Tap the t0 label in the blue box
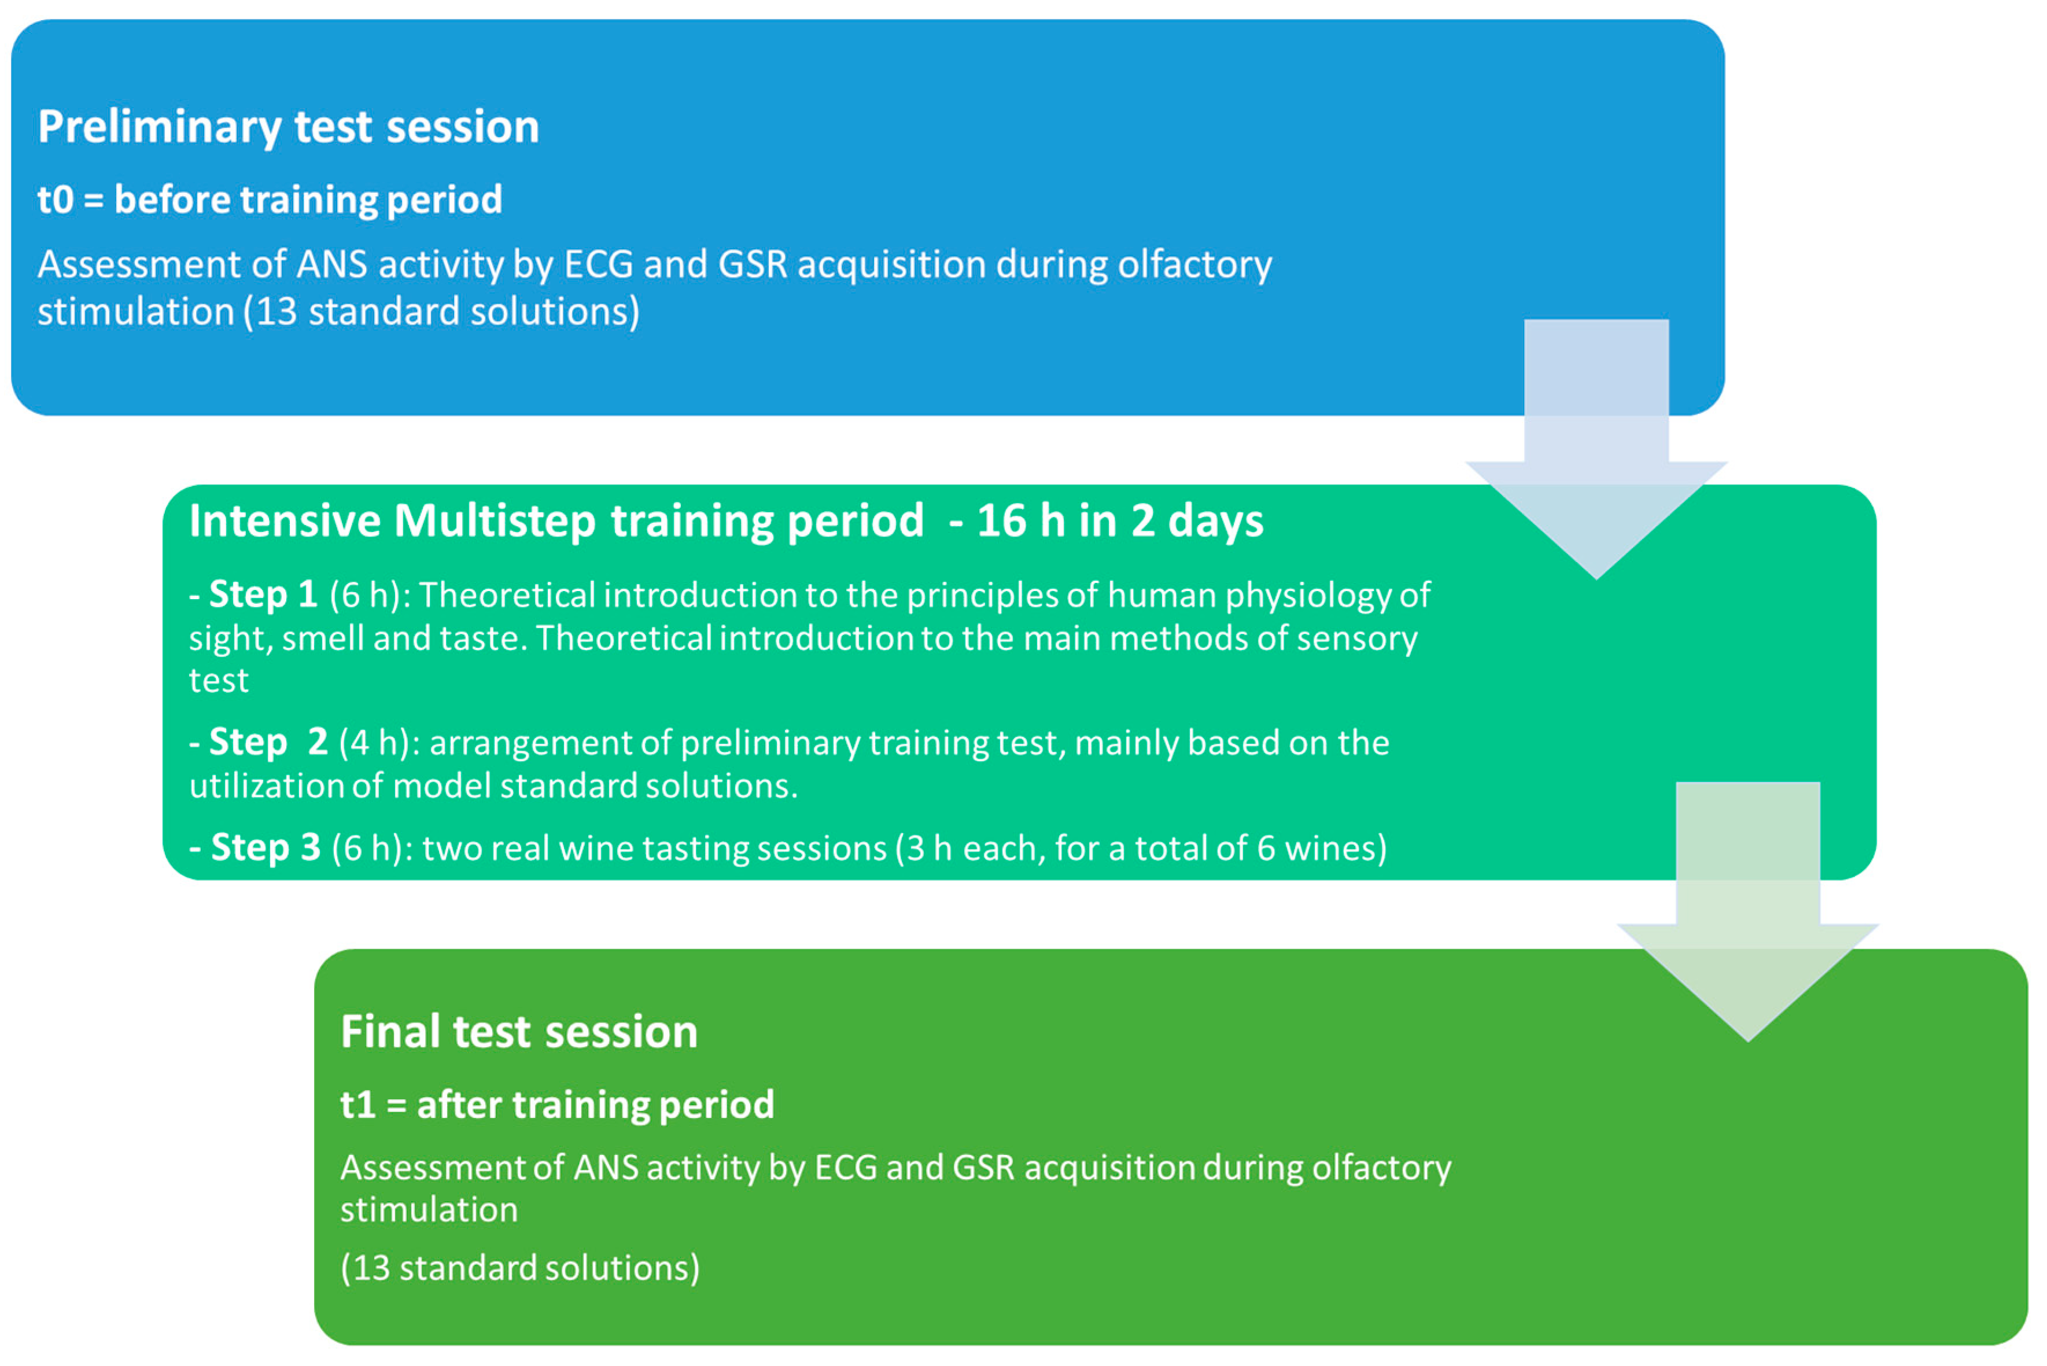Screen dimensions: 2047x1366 point(55,200)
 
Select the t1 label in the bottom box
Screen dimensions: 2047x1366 point(358,1105)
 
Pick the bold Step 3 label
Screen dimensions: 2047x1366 point(265,848)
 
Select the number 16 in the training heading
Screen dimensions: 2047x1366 point(1002,521)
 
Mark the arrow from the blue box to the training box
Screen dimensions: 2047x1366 point(1596,449)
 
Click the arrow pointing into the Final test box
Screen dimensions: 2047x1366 point(1747,911)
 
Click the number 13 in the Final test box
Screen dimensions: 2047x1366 point(371,1268)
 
